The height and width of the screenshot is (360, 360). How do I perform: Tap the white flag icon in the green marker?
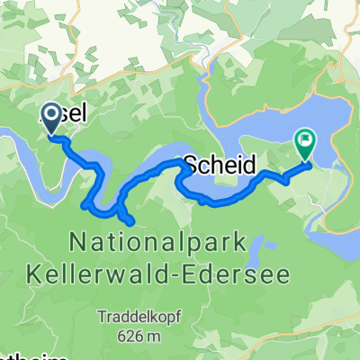pyautogui.click(x=306, y=139)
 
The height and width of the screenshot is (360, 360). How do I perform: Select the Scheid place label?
pyautogui.click(x=220, y=165)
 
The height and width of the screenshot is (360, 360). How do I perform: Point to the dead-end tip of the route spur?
pyautogui.click(x=132, y=221)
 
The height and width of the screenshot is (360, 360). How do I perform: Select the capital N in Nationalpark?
pyautogui.click(x=76, y=240)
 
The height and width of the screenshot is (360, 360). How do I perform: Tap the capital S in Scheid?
pyautogui.click(x=191, y=165)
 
